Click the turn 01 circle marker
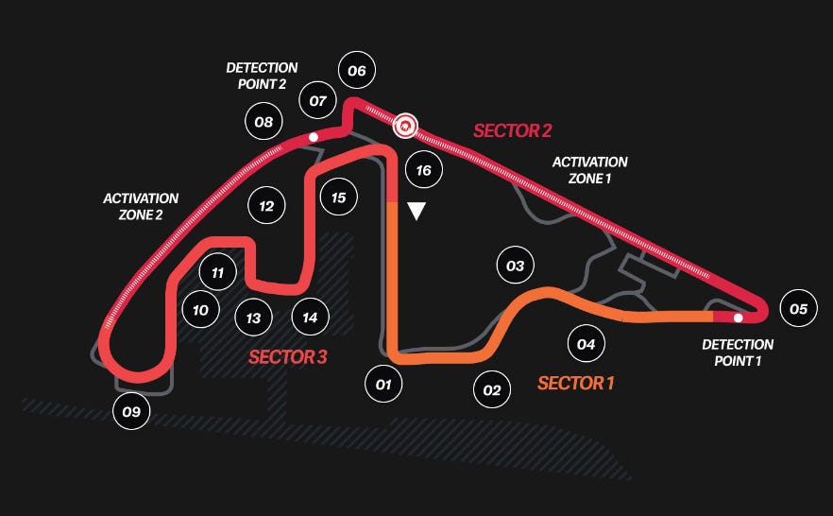pos(383,385)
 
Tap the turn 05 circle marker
pos(798,309)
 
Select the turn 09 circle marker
pos(131,411)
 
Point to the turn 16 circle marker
pos(423,170)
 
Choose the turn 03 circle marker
pos(515,266)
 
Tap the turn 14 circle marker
pos(311,318)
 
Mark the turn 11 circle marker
pos(218,273)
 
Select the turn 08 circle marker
pos(263,121)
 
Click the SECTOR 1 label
pos(576,383)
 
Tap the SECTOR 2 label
pos(512,130)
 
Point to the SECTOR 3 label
pos(287,356)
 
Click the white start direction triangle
pos(415,211)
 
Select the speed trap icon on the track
pos(406,124)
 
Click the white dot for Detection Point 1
pos(738,318)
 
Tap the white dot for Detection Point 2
pos(314,138)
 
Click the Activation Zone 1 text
pos(589,170)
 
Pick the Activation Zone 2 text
pos(141,206)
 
